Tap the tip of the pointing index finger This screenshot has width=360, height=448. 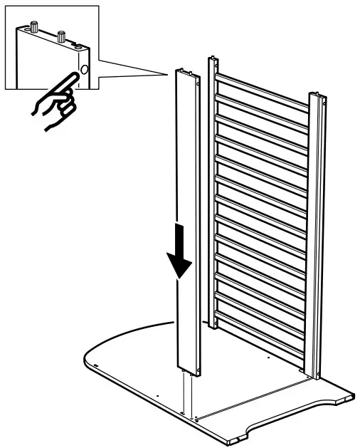point(75,73)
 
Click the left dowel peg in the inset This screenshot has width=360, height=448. point(33,28)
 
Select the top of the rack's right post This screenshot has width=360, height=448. point(318,98)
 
